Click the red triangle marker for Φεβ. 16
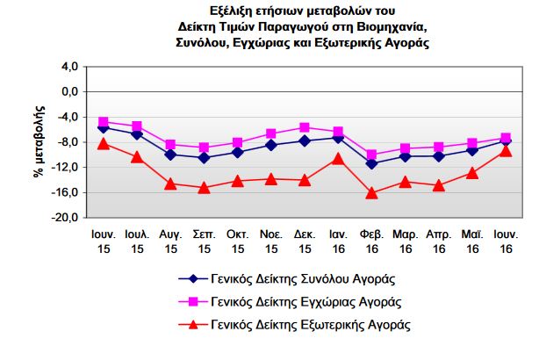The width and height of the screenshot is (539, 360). click(371, 193)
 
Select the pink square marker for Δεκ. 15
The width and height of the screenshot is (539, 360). click(305, 127)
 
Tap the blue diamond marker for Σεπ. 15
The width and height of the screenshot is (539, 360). click(204, 158)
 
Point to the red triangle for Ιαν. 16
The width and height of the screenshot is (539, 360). click(338, 159)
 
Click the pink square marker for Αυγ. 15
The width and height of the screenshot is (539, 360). click(170, 144)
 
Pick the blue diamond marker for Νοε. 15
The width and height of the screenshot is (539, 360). click(271, 145)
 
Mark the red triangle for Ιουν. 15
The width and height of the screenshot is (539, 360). click(104, 144)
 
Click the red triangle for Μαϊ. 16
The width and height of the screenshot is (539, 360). click(472, 173)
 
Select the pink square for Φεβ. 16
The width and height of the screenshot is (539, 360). click(371, 155)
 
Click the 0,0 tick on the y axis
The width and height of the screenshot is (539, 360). click(69, 92)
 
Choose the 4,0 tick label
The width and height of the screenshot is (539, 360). click(69, 67)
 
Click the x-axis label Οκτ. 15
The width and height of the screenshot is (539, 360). click(238, 241)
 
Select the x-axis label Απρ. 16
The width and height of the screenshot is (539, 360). click(439, 241)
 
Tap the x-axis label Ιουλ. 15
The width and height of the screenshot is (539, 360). click(137, 241)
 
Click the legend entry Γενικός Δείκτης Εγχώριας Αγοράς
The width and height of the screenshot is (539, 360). click(290, 303)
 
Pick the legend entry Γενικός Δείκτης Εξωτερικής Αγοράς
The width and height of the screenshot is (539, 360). click(295, 325)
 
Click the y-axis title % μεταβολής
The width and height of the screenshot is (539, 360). click(40, 141)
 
